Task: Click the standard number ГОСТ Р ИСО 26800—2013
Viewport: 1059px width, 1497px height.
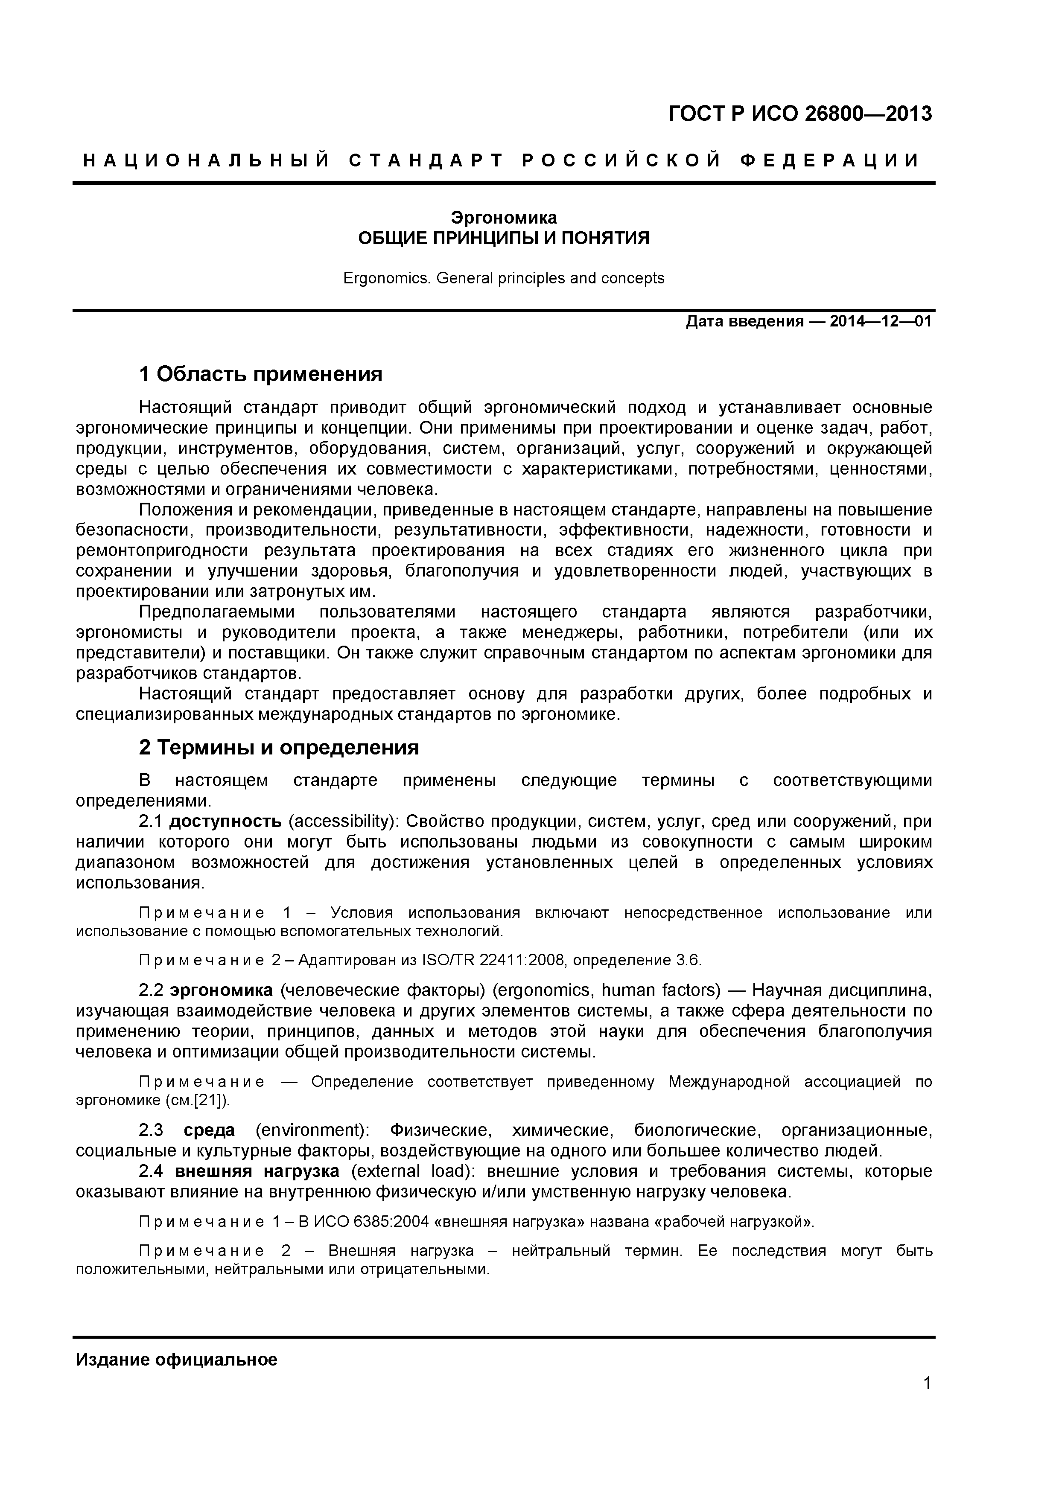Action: (x=800, y=114)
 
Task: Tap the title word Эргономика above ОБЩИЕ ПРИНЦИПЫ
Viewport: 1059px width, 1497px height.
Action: (x=504, y=217)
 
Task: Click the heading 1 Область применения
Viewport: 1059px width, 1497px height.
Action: (x=260, y=374)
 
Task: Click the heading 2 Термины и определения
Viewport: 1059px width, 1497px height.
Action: (x=278, y=747)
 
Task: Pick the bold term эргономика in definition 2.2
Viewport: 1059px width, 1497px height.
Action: (x=221, y=990)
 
